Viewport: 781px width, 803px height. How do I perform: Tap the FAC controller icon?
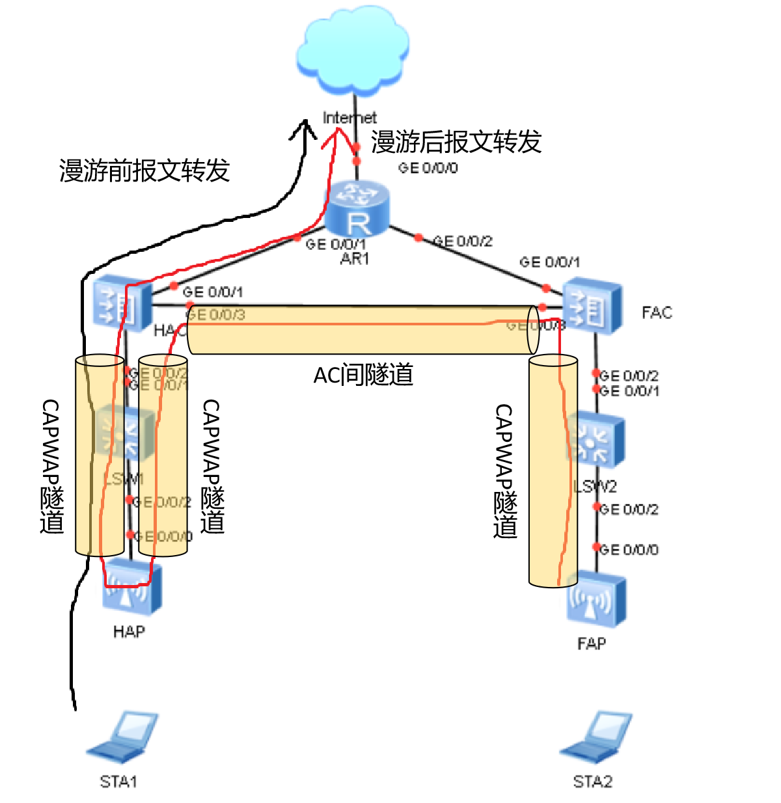592,307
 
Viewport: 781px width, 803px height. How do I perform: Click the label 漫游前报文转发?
144,170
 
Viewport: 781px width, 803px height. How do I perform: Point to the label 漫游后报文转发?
456,142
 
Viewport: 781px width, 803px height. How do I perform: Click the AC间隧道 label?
363,375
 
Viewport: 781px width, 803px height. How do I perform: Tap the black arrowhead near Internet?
303,129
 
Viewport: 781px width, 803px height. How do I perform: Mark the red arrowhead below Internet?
336,135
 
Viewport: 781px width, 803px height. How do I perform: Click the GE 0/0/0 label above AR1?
428,168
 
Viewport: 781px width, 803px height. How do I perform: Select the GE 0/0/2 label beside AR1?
463,241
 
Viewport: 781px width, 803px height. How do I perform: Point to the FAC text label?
656,313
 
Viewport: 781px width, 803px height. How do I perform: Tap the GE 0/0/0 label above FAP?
628,550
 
